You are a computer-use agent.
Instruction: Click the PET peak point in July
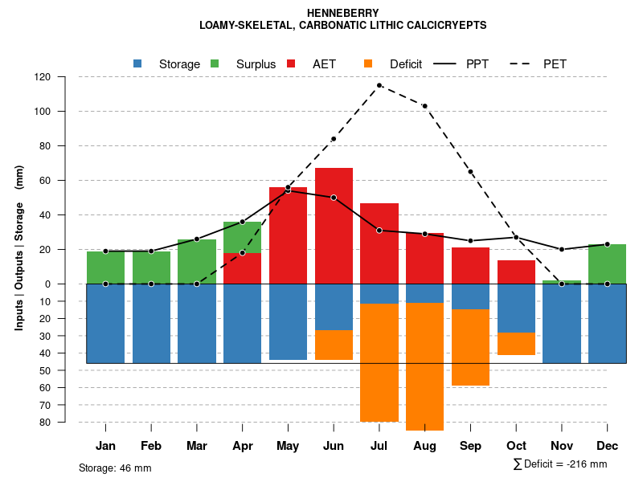(379, 85)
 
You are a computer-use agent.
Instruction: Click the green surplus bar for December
(608, 263)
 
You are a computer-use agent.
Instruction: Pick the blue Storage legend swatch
(138, 63)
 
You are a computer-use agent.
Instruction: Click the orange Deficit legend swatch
(369, 63)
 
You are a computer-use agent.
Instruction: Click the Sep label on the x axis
(471, 446)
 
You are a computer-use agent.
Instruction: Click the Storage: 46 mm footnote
(115, 468)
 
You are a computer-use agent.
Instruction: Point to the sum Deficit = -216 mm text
(559, 464)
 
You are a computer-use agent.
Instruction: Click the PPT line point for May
(288, 190)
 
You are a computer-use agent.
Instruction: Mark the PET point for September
(471, 172)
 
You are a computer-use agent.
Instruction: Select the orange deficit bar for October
(517, 343)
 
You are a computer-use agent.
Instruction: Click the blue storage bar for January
(105, 323)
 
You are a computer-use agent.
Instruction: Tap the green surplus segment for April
(243, 238)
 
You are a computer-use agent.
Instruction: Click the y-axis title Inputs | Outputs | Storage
(19, 247)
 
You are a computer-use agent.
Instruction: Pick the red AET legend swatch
(292, 63)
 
